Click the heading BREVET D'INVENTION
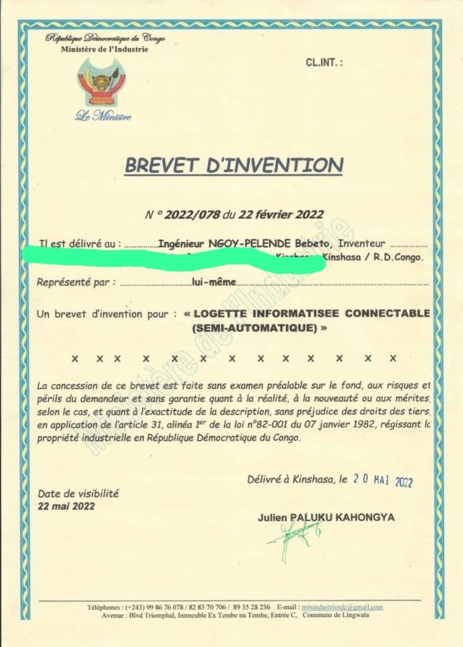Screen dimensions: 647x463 234,165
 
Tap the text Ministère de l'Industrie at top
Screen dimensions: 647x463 105,49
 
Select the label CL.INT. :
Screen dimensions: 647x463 324,63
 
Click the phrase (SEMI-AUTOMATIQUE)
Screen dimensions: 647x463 259,328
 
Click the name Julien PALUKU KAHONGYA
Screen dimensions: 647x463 326,517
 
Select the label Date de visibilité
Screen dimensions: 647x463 78,493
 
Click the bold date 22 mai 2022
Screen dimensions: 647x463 66,506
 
